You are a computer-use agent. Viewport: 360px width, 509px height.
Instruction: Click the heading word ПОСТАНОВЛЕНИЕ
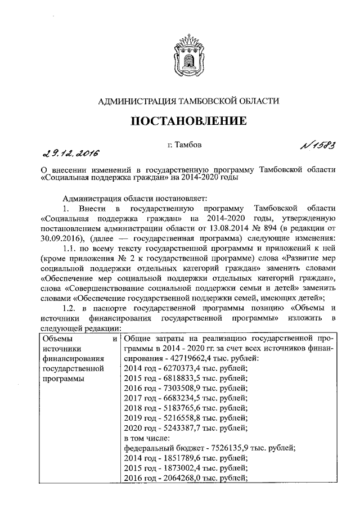(x=188, y=120)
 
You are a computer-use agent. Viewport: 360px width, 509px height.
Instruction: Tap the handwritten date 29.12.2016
(x=67, y=153)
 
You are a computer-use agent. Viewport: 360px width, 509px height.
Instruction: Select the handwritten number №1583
(x=313, y=146)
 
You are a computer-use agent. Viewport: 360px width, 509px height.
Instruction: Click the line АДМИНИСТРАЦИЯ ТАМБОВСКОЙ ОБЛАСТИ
(x=188, y=101)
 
